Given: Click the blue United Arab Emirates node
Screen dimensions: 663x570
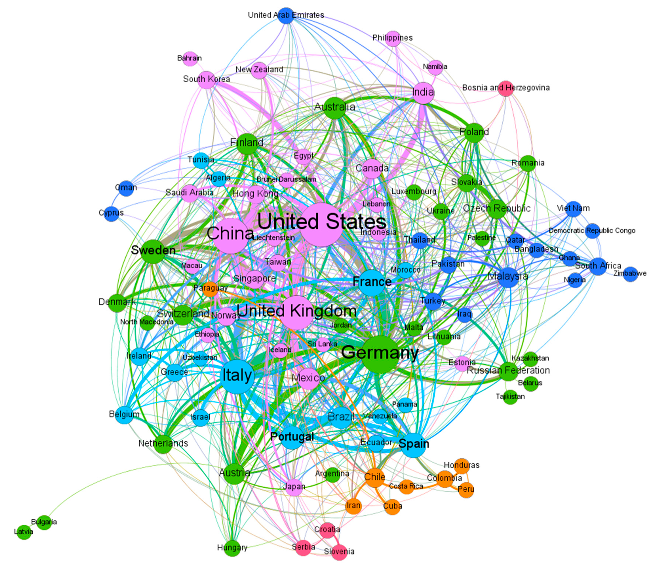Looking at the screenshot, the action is tap(286, 15).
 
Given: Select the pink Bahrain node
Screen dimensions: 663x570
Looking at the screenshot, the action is tap(190, 59).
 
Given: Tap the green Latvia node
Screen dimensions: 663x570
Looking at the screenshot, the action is tap(24, 532).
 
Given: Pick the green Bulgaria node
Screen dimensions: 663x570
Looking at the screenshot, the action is tap(44, 522).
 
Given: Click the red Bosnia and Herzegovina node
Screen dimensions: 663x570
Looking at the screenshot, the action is tap(506, 89).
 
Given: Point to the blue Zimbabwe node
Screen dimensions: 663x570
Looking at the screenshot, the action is tap(631, 274).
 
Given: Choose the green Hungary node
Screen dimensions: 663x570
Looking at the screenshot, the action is tap(232, 548).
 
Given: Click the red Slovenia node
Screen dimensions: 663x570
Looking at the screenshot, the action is tap(339, 552).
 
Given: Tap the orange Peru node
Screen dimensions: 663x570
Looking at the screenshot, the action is tap(466, 490).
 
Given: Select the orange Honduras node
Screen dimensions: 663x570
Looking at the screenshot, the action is tap(462, 466).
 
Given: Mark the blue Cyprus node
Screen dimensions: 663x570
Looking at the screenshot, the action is tap(111, 213).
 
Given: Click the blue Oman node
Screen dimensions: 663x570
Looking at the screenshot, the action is tap(126, 188).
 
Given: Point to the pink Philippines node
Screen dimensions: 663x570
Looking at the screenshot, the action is tap(393, 38).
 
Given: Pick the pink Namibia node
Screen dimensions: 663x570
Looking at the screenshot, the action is tap(435, 67).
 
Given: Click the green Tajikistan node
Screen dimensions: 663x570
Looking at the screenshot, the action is tap(510, 397).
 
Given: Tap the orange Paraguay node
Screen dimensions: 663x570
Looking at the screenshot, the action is tap(211, 289).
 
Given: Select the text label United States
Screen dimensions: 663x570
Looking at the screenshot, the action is tap(322, 221).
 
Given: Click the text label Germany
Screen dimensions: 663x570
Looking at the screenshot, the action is tap(380, 353).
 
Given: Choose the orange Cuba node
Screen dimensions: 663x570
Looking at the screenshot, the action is tap(392, 507).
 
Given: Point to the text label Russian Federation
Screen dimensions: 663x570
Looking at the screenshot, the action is tap(508, 370).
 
